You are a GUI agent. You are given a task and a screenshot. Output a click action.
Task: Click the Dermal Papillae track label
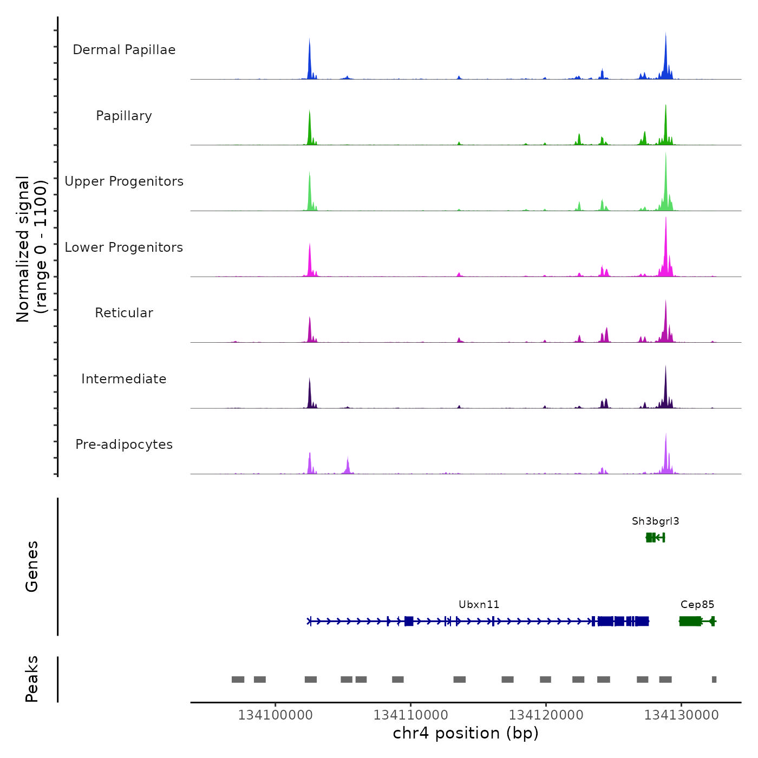[x=124, y=50]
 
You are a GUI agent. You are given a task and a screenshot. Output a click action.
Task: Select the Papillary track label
[x=124, y=116]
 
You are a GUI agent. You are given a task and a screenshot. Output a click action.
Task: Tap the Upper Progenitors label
[x=124, y=181]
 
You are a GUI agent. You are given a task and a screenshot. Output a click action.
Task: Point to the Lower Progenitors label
[x=124, y=247]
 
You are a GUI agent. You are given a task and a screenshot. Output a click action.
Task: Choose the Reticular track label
[x=124, y=313]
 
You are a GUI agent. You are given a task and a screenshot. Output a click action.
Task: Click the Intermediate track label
[x=124, y=379]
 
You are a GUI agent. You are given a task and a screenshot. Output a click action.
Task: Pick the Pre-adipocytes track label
[x=124, y=445]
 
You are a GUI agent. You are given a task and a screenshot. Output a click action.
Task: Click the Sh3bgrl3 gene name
[x=655, y=521]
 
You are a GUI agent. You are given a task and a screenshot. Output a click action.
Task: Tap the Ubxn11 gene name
[x=479, y=605]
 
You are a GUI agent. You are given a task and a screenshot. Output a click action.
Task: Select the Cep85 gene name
[x=697, y=605]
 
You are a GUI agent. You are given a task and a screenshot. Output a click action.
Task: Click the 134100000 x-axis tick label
[x=275, y=715]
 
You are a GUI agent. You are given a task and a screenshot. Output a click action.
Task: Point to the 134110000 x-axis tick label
[x=410, y=715]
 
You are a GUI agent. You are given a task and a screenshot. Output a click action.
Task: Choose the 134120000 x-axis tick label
[x=546, y=715]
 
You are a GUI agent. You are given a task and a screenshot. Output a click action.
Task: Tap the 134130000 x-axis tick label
[x=681, y=715]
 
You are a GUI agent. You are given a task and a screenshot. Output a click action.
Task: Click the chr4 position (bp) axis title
[x=466, y=734]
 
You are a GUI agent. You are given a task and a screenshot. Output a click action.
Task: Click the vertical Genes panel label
[x=32, y=566]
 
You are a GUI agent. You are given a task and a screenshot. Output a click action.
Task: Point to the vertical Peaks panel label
[x=32, y=679]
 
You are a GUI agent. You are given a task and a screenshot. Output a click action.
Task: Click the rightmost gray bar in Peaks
[x=714, y=679]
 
